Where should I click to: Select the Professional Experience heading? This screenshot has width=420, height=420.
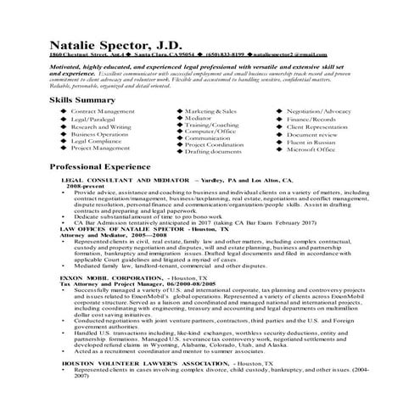tap(99, 167)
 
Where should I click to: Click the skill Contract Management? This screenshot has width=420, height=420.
tap(103, 111)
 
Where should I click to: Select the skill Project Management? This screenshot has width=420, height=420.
tap(101, 147)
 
